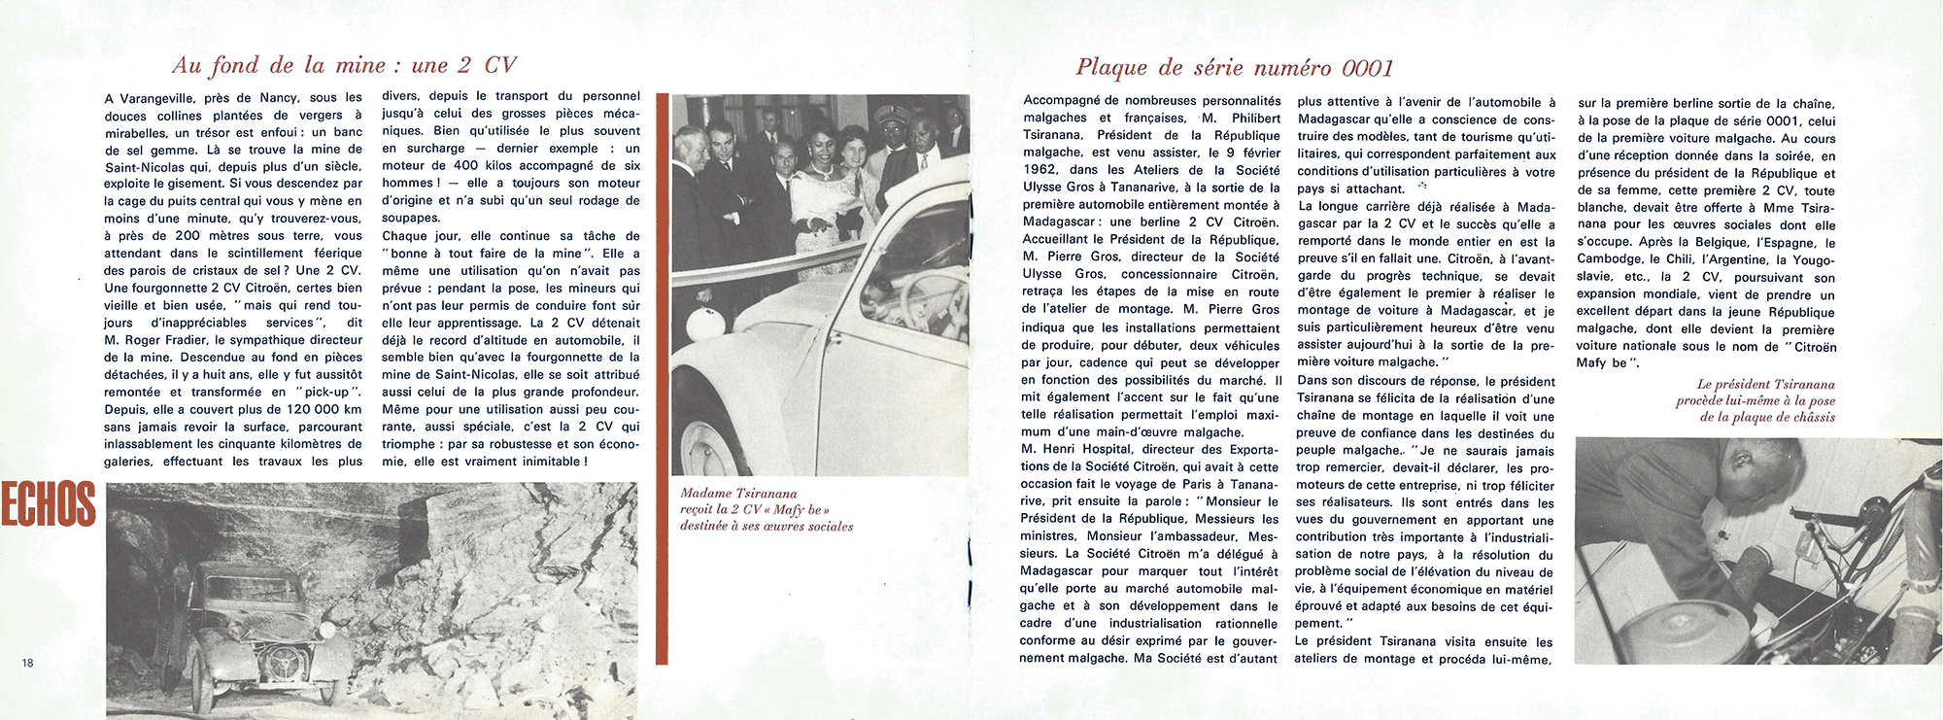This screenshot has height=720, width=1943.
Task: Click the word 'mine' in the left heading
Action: tap(360, 65)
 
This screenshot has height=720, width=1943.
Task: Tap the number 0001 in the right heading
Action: tap(1368, 68)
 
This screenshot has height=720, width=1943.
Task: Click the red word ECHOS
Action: tap(48, 504)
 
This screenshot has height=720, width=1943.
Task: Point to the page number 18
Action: tap(27, 663)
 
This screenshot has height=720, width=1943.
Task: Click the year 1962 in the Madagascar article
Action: tap(1041, 170)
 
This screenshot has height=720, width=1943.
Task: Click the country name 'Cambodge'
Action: tap(1609, 259)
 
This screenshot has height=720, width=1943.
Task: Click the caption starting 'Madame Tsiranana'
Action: tap(766, 509)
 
